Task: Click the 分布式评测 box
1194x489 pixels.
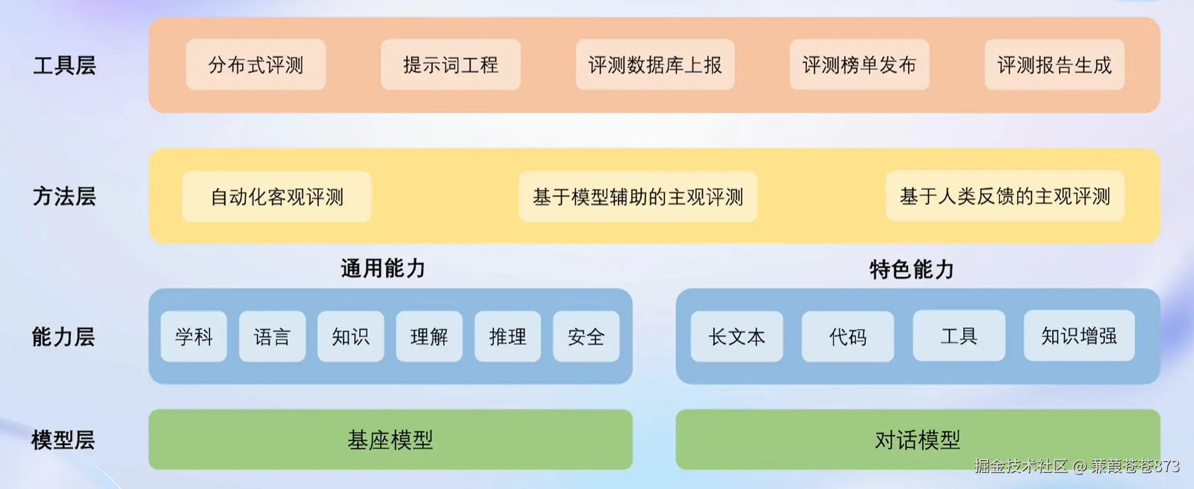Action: (255, 65)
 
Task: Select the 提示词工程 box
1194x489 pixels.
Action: (450, 65)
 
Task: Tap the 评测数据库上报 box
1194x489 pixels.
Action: (654, 65)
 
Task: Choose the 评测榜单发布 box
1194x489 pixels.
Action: (859, 65)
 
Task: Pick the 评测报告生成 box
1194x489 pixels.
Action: (1054, 65)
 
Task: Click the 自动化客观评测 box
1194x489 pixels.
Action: (277, 196)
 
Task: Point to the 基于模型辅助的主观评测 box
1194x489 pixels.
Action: (637, 196)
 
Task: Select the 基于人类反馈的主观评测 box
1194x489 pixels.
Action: (1005, 196)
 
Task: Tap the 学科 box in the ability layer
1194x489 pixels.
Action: (194, 336)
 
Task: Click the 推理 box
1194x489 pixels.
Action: (508, 336)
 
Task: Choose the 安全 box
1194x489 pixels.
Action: (586, 336)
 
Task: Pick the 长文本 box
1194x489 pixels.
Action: (737, 336)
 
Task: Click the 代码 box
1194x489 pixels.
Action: (848, 336)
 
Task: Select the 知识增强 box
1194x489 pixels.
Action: (1079, 336)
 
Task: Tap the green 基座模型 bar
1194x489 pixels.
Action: (390, 439)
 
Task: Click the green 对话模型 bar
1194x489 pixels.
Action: (917, 439)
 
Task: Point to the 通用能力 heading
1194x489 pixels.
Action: (383, 268)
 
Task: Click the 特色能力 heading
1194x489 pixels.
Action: (912, 269)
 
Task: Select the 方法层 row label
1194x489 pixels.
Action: (64, 196)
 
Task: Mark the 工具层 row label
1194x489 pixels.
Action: (64, 65)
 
